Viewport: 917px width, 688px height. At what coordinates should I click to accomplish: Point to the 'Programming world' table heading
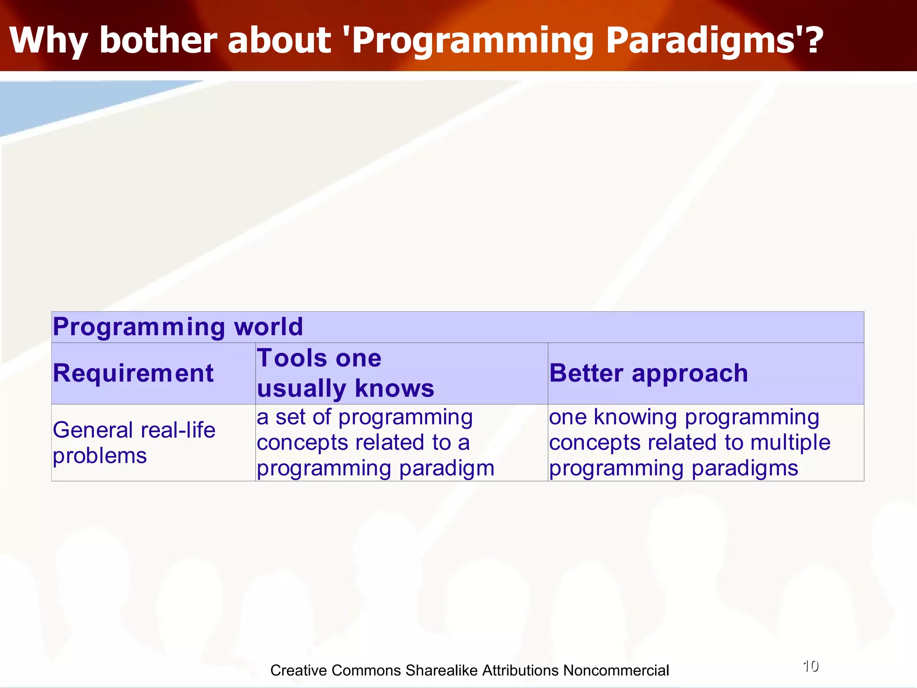178,327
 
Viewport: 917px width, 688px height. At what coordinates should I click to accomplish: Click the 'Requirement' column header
133,373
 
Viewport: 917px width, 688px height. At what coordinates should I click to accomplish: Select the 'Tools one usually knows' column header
345,373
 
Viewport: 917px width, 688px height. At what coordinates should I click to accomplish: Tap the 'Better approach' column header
648,373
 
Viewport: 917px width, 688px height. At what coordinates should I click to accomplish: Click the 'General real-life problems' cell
134,443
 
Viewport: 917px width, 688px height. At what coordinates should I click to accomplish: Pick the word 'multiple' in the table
790,442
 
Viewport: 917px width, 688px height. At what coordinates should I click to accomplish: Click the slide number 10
810,666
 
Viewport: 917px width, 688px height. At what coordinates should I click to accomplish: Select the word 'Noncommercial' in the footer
616,670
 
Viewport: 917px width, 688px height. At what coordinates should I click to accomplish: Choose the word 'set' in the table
291,417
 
